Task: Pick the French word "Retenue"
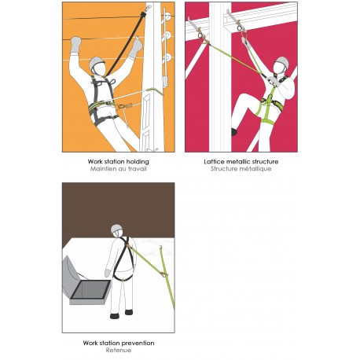click(x=119, y=351)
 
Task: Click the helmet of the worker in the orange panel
click(x=97, y=63)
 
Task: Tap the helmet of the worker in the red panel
click(x=282, y=62)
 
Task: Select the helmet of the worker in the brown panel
click(x=116, y=229)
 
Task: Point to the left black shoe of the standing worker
click(x=115, y=316)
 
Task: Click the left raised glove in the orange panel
click(x=76, y=44)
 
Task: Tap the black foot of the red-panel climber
click(x=234, y=132)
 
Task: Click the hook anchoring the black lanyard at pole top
click(x=148, y=8)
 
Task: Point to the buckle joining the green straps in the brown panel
click(x=163, y=274)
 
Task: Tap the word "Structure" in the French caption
click(x=222, y=169)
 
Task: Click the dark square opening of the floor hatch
click(x=91, y=289)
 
